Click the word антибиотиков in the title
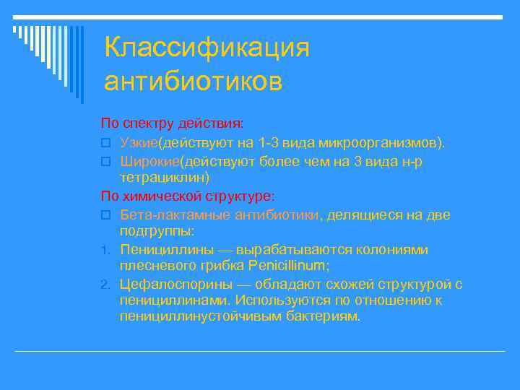[x=193, y=81]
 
